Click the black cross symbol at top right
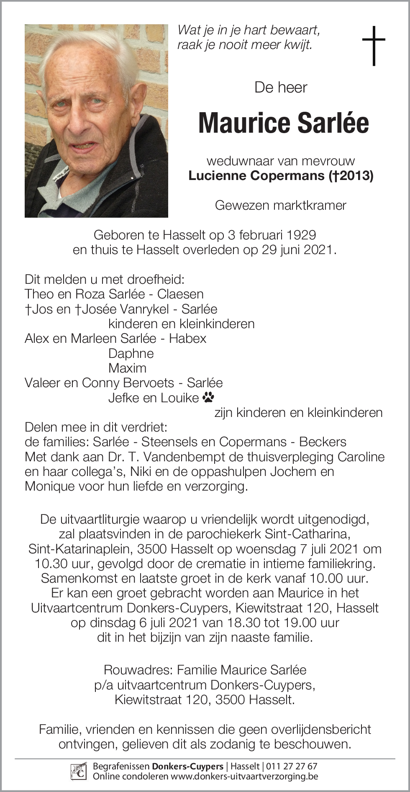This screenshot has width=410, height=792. pos(373,46)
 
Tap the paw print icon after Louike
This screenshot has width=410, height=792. pos(208,397)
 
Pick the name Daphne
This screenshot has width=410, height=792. pos(131,353)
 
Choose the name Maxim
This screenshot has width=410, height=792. pos(127,368)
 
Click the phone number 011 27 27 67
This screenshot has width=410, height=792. pos(292,766)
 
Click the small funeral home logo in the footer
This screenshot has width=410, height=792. pos(79,771)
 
